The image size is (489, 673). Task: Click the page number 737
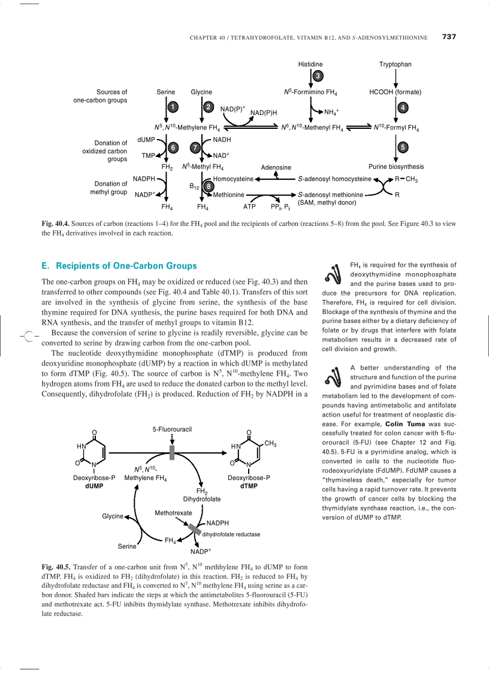(x=449, y=37)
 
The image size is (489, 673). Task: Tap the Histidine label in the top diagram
(x=310, y=64)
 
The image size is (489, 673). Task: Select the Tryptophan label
(x=395, y=64)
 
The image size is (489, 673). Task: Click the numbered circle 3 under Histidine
(x=318, y=76)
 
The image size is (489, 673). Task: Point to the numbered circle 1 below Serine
(x=173, y=107)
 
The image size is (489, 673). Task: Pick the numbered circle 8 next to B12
(x=208, y=186)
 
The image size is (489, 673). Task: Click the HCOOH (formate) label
(x=395, y=92)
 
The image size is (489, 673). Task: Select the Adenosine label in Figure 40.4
(x=276, y=168)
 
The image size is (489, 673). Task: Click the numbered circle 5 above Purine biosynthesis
(x=403, y=147)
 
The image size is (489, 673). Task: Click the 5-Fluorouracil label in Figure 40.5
(x=172, y=430)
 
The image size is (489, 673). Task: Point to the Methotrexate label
(x=173, y=513)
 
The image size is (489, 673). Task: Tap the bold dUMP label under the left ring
(x=94, y=486)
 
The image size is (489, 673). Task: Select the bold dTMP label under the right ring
(x=249, y=486)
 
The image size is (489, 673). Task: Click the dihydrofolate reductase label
(x=231, y=535)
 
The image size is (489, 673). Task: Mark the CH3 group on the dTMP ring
(x=270, y=444)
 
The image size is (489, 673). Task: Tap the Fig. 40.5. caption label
(x=56, y=567)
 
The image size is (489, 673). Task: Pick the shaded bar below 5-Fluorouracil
(x=172, y=452)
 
